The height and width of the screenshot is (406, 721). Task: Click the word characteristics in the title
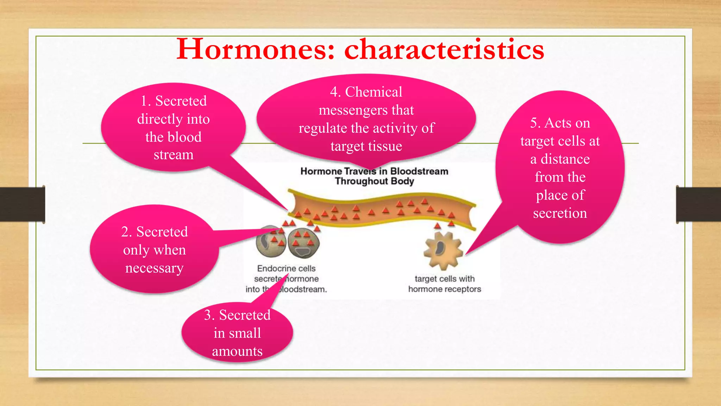click(x=444, y=49)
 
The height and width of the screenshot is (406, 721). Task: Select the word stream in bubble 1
click(x=174, y=155)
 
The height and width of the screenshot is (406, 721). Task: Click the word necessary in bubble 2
click(x=154, y=268)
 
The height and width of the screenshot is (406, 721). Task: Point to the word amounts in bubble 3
click(x=237, y=351)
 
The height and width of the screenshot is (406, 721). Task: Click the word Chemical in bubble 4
click(x=374, y=92)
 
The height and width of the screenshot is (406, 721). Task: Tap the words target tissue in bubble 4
click(x=366, y=146)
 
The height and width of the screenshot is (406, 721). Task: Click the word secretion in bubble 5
click(x=560, y=213)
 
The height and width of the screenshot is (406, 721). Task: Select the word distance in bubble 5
click(x=565, y=159)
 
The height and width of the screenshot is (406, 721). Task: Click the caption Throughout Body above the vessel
click(x=374, y=181)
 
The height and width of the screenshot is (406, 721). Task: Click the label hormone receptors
click(x=444, y=289)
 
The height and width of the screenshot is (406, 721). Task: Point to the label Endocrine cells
click(x=286, y=269)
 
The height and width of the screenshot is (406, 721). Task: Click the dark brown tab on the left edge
click(x=22, y=204)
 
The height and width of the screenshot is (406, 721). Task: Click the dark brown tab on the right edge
click(x=698, y=204)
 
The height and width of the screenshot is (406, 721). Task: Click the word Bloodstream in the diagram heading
click(x=419, y=171)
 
